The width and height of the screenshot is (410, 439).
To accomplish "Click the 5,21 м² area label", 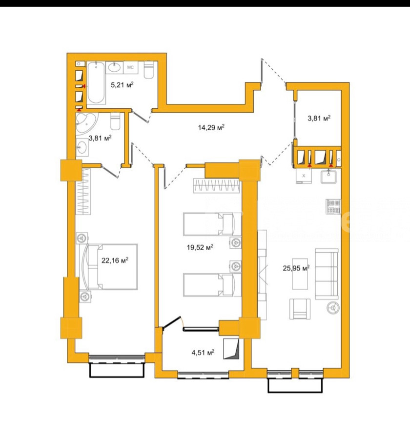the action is (x=122, y=84).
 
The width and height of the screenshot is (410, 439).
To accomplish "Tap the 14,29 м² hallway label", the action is (x=211, y=128).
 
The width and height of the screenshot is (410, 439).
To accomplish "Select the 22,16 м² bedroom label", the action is (x=115, y=260).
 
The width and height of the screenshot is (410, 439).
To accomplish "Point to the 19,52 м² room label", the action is (x=200, y=247).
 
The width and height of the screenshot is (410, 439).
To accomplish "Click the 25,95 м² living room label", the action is (x=296, y=268).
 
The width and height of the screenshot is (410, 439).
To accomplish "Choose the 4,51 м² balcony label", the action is (x=203, y=352).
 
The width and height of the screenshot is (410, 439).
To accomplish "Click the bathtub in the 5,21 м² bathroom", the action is (x=97, y=83).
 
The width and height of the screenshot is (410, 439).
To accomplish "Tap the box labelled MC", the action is (x=131, y=67).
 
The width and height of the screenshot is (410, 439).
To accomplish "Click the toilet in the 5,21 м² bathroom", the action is (x=148, y=69).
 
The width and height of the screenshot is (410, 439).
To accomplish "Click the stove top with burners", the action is (x=333, y=206).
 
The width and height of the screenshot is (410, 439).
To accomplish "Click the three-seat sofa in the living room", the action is (x=327, y=274).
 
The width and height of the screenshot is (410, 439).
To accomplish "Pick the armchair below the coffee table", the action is (x=300, y=309).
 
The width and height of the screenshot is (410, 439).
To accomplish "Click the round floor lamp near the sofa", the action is (x=333, y=308).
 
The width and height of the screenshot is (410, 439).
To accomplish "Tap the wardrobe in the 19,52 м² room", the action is (x=216, y=186).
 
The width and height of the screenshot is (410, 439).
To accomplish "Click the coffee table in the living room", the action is (x=300, y=274).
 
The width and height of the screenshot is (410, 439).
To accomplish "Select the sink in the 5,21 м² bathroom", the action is (x=115, y=67).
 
